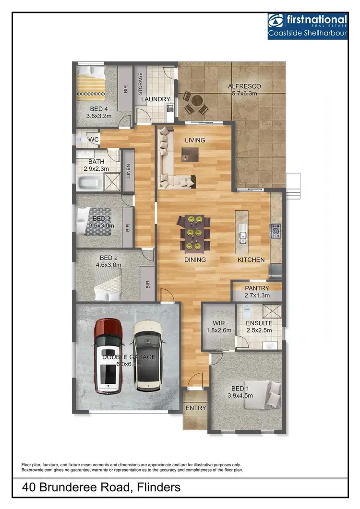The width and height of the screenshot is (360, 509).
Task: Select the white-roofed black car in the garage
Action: [x=147, y=355]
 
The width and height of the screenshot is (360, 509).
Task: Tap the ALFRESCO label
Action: [x=245, y=86]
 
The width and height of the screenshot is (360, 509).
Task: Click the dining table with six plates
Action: [x=194, y=233]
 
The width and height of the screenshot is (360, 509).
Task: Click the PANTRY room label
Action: [x=257, y=288]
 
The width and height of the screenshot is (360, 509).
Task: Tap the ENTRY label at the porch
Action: [x=195, y=408]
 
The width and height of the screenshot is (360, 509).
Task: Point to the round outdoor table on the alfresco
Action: [x=196, y=102]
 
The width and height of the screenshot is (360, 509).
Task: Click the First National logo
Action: [x=307, y=25]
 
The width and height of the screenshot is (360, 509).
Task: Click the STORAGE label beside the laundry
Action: [x=141, y=84]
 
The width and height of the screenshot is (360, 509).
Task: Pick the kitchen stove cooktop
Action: [x=276, y=231]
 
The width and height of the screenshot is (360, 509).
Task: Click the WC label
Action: [x=94, y=140]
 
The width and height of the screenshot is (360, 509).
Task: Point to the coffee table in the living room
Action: [x=190, y=154]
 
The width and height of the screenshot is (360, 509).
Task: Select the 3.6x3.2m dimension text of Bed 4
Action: [x=99, y=116]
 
